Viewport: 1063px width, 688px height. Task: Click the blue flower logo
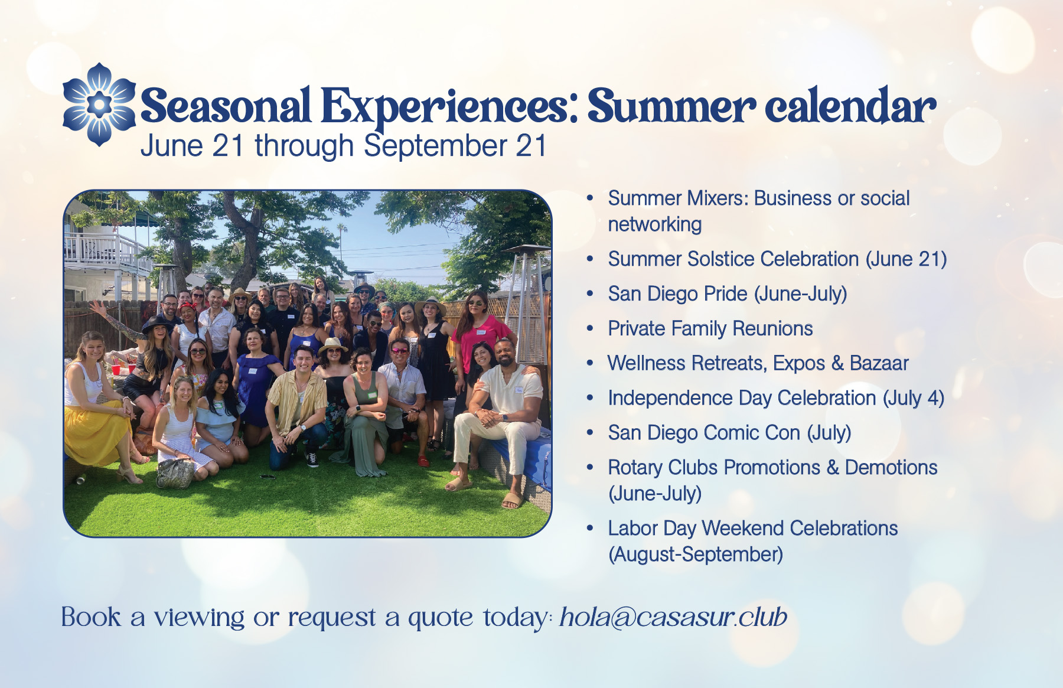(99, 105)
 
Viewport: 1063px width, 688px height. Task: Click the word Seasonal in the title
(226, 106)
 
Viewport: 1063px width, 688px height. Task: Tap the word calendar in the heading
(850, 106)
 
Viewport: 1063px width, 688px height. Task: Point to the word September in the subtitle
(435, 146)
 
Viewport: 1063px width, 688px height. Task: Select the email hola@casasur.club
(673, 617)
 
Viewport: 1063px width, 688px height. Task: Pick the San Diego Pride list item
(728, 294)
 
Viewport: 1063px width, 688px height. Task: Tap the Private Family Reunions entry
(710, 328)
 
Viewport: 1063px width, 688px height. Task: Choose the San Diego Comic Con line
(729, 433)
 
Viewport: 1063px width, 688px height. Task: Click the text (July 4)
(914, 399)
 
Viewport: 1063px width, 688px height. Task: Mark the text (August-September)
(696, 555)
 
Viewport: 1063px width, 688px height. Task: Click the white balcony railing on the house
(106, 251)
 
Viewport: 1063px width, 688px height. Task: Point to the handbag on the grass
(175, 473)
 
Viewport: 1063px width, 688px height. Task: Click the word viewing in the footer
(200, 618)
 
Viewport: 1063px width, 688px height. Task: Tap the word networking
(655, 225)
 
